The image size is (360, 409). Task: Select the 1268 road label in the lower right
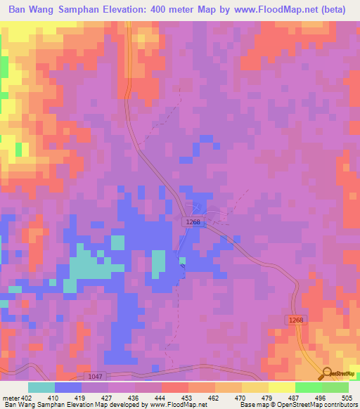pos(296,320)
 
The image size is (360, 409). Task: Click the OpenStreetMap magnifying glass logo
pos(326,372)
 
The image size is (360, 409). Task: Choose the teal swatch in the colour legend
pos(41,387)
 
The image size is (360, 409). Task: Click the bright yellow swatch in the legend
pos(281,387)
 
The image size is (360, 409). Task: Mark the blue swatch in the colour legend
pos(67,387)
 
